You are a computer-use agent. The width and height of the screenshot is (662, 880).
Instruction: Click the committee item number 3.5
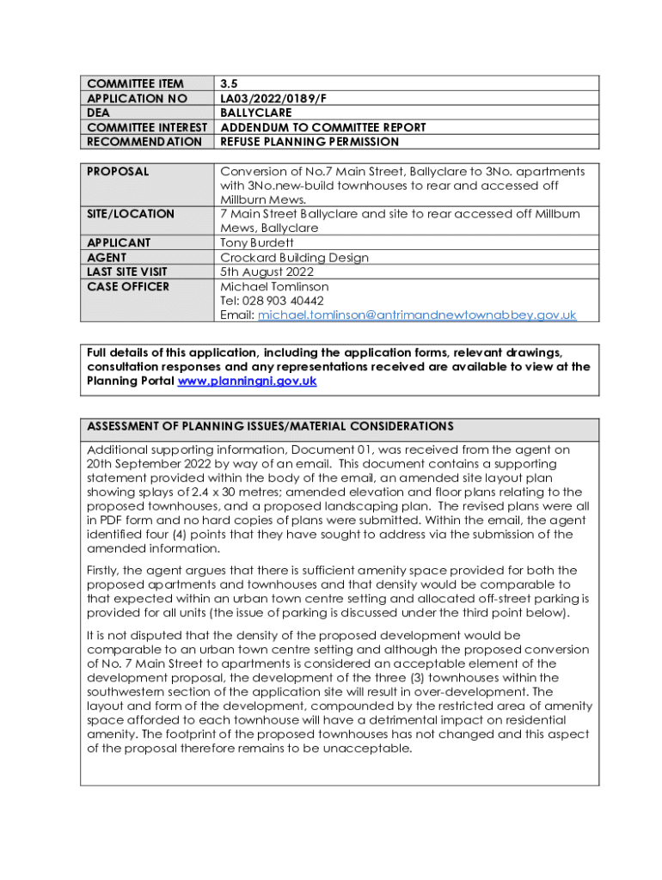click(229, 84)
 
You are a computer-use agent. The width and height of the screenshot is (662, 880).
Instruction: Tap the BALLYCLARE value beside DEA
click(256, 113)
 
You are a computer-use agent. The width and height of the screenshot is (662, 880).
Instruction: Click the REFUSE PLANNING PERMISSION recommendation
click(310, 142)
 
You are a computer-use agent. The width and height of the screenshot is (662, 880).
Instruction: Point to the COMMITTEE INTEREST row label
click(148, 127)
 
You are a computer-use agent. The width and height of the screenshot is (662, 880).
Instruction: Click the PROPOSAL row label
click(118, 172)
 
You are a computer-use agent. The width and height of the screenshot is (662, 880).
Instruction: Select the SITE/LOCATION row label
click(131, 214)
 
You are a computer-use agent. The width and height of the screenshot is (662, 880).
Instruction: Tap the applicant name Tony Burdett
click(257, 243)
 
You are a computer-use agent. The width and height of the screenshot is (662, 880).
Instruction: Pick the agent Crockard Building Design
click(295, 258)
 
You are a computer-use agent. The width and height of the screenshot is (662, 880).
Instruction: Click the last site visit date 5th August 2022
click(269, 272)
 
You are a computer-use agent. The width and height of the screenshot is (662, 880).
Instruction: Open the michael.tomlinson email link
click(417, 315)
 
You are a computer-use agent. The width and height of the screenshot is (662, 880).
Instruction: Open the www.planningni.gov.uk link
click(247, 381)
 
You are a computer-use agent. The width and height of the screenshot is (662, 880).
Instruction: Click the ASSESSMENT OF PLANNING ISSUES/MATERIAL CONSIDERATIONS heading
click(270, 426)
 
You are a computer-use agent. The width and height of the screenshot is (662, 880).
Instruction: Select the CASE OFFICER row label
click(128, 286)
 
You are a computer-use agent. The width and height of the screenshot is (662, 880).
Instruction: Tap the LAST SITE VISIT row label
click(127, 272)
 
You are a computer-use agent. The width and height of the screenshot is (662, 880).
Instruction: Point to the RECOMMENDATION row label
click(144, 142)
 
